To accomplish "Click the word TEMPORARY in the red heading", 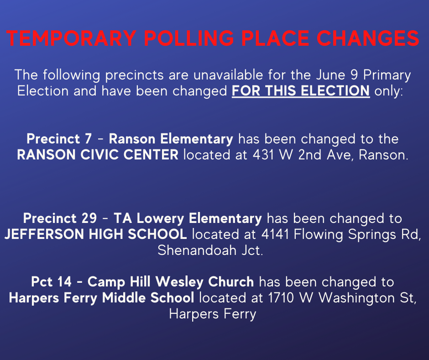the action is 71,38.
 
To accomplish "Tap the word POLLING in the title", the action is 189,38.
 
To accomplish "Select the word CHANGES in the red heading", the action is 368,38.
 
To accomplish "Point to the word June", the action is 330,75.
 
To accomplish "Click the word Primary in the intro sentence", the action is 387,75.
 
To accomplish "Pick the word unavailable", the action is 228,75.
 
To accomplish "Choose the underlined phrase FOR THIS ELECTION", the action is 301,90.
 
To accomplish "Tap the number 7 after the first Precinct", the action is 88,138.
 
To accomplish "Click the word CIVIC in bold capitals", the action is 102,155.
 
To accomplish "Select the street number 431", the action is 263,155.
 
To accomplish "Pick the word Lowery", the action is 160,219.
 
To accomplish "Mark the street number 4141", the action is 275,234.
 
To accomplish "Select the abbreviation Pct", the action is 42,282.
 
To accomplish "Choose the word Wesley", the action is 179,282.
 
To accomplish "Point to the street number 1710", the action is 281,298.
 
